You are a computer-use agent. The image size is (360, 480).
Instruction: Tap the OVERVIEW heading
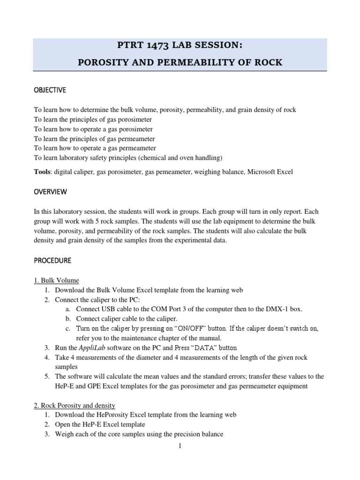pos(50,192)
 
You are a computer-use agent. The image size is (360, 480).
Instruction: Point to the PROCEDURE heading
pos(52,260)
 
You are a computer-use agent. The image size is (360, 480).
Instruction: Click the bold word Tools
pos(43,172)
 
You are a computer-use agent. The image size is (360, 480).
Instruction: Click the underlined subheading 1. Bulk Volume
pos(56,280)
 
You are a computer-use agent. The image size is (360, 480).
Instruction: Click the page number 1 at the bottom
pos(180,446)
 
